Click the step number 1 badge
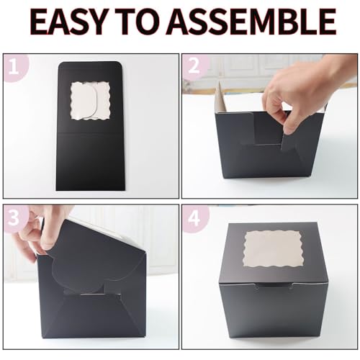click(15, 68)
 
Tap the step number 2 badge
click(194, 66)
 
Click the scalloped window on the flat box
click(91, 101)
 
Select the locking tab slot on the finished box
click(274, 285)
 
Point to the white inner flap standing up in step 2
click(221, 96)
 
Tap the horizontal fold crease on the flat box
click(91, 132)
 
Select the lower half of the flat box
click(91, 161)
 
